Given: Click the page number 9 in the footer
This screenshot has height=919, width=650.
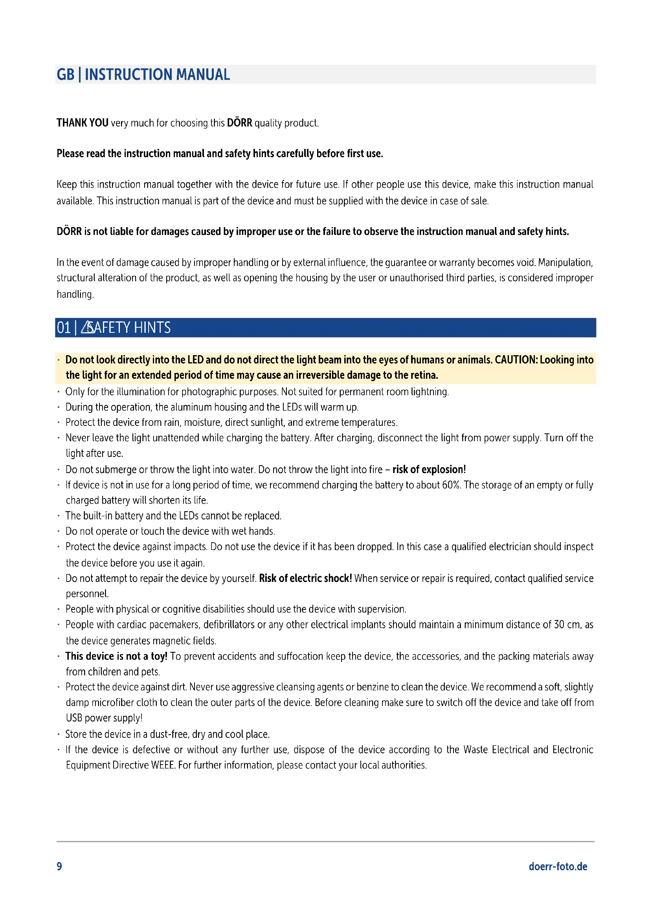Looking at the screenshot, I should [x=59, y=866].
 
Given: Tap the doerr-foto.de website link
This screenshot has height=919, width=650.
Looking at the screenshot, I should [x=558, y=867].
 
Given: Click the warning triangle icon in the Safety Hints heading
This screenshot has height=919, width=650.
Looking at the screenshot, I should [x=87, y=328].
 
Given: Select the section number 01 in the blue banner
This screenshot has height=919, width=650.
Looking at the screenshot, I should [x=64, y=328].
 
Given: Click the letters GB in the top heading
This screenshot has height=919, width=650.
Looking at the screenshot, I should [x=66, y=75].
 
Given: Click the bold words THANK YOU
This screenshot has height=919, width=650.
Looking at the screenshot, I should [x=83, y=123].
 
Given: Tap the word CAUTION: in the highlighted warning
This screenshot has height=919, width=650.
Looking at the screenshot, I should [x=516, y=360].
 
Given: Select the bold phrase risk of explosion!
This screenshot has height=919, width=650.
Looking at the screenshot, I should [x=429, y=470].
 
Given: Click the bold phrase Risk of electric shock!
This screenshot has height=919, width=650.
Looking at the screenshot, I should [x=305, y=578].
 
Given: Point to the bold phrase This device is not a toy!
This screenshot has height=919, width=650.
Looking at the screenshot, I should [x=116, y=656].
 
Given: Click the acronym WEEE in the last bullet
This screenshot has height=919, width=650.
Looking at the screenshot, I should [x=163, y=765].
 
